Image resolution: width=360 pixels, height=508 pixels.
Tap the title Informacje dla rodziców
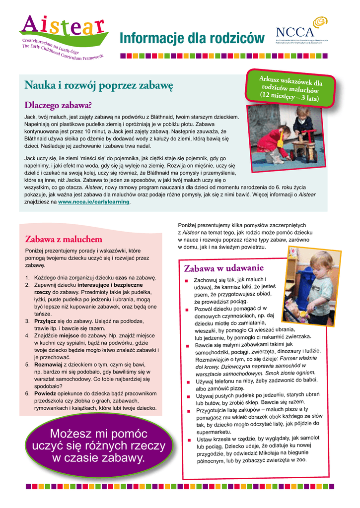click(x=192, y=38)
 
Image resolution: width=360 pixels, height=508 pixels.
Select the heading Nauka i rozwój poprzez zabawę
click(x=98, y=86)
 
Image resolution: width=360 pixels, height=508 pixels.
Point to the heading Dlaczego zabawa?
click(x=58, y=105)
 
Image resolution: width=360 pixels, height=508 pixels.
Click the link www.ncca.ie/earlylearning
click(x=94, y=202)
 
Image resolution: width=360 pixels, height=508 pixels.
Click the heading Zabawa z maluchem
click(x=64, y=240)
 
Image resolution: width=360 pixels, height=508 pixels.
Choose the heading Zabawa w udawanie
click(x=223, y=268)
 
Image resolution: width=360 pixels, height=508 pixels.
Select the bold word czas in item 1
click(x=122, y=278)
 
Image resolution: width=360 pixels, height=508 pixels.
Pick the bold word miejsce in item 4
click(x=68, y=335)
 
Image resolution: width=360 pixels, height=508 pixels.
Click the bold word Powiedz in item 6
click(x=45, y=393)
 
